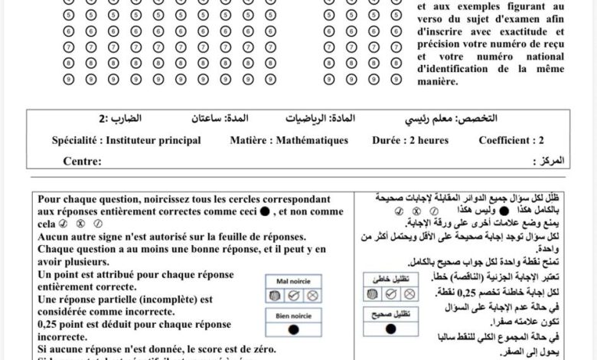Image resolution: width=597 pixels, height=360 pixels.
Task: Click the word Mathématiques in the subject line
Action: (299, 141)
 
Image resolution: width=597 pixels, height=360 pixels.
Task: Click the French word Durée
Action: (390, 141)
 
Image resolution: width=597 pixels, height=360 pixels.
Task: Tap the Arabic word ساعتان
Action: (210, 119)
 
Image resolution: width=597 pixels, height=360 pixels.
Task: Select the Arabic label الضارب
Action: (137, 119)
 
